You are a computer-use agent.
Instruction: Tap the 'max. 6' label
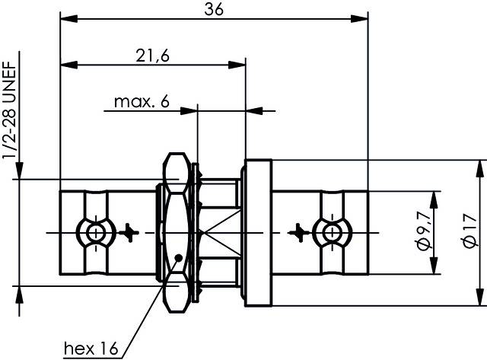[x=142, y=101]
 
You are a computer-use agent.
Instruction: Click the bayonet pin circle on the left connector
[x=95, y=231]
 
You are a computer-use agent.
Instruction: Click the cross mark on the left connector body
[x=132, y=231]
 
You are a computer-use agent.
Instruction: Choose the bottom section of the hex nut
[x=177, y=289]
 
